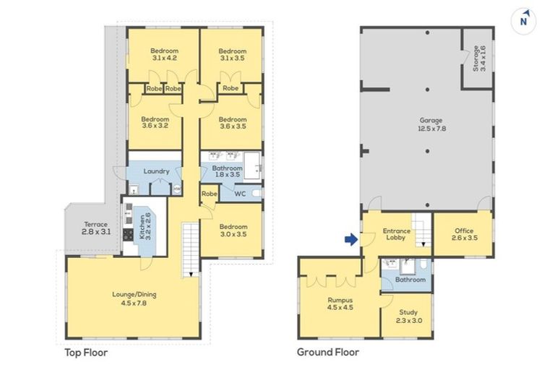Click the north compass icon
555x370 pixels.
coord(523,20)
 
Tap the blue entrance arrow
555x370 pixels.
coord(352,240)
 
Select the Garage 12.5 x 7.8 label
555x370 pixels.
coord(431,124)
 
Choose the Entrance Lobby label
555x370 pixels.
coord(396,236)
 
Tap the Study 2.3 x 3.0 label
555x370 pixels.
coord(408,317)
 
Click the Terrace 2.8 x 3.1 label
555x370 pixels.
coord(95,228)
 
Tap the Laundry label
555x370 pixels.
coord(156,171)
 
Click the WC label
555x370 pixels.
coord(239,193)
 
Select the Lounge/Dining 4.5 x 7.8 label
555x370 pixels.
coord(134,298)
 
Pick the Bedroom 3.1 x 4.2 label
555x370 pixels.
coord(164,55)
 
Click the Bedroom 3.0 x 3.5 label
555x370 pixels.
coord(233,231)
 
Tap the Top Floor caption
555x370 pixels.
coord(86,353)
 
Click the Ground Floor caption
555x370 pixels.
coord(327,353)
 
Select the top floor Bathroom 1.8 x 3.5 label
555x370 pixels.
coord(226,171)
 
